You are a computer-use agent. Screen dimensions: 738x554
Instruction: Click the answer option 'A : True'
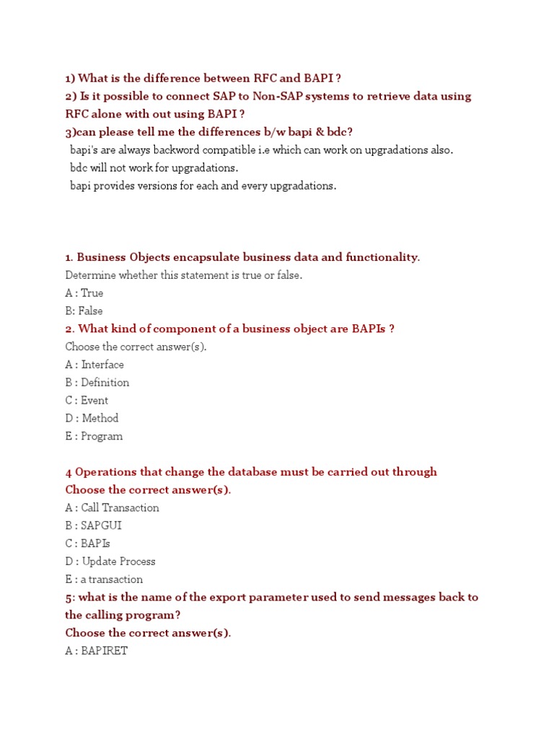click(84, 293)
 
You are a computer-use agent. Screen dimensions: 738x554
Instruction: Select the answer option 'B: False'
click(84, 311)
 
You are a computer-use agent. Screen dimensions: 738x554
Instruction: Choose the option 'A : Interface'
click(94, 365)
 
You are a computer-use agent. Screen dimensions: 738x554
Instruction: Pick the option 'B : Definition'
click(97, 383)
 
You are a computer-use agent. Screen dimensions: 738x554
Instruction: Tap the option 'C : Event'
click(87, 401)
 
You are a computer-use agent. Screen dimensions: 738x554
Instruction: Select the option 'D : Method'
click(92, 418)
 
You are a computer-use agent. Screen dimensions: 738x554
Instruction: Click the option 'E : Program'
click(94, 436)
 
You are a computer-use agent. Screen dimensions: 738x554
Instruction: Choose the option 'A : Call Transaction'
click(112, 507)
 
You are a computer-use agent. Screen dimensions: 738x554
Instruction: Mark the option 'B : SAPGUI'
click(93, 525)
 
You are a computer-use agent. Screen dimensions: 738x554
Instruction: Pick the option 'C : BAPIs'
click(87, 543)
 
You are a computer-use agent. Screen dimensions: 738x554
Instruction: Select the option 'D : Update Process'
click(110, 561)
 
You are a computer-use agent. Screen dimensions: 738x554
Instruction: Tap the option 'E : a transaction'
click(104, 579)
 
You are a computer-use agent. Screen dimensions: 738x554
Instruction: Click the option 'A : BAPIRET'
click(96, 651)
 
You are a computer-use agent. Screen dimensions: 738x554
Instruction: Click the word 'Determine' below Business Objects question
click(91, 275)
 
